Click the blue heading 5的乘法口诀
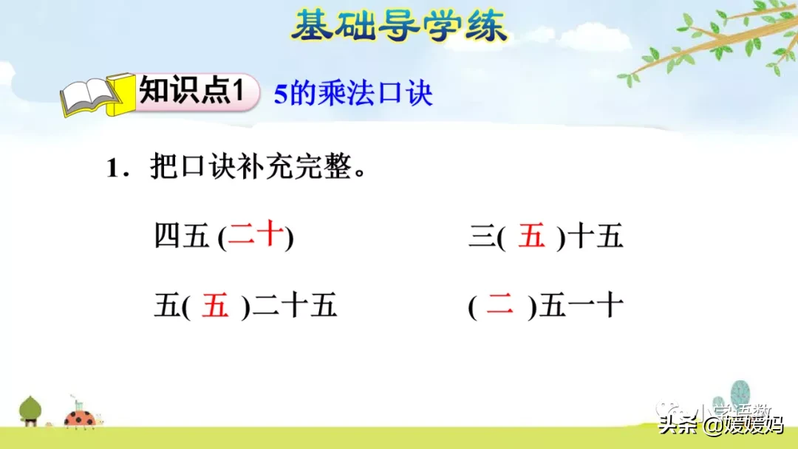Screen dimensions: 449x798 tap(353, 94)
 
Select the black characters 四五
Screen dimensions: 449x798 tap(183, 237)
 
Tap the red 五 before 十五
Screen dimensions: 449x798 tap(531, 237)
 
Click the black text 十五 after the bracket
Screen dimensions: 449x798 tap(598, 237)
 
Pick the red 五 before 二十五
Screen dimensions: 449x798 tap(216, 306)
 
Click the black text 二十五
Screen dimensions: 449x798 tap(295, 306)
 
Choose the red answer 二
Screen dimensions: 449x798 tap(499, 306)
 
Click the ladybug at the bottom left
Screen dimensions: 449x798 tap(79, 418)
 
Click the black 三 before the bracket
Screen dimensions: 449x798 tap(480, 237)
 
